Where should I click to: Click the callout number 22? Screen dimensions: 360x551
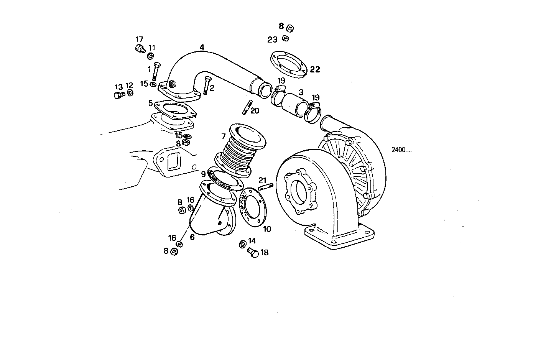(x=315, y=69)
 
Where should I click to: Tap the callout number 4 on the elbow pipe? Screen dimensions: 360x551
(x=202, y=47)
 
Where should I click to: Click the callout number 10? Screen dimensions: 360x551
(x=267, y=229)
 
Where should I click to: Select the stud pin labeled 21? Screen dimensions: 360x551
(x=265, y=187)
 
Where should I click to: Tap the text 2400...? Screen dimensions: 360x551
(x=401, y=150)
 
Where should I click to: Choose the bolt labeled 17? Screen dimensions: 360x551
(x=140, y=48)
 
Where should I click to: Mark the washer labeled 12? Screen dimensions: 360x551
(x=130, y=93)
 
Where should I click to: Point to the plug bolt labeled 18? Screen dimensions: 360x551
(x=253, y=253)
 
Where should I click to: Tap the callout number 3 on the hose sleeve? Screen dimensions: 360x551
(x=301, y=92)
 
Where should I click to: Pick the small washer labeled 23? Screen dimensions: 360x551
(x=285, y=38)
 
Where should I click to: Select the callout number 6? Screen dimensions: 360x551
(x=192, y=237)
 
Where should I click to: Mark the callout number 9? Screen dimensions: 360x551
(x=203, y=173)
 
